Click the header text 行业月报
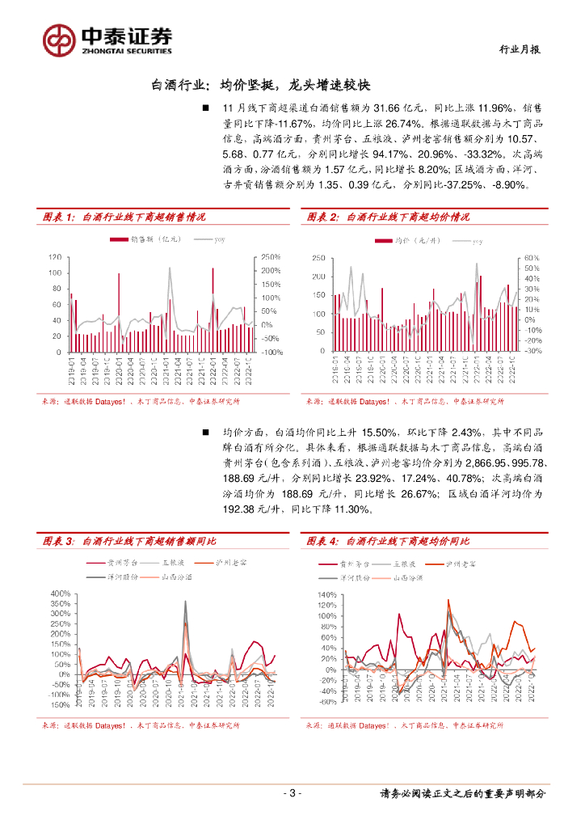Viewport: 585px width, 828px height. (517, 50)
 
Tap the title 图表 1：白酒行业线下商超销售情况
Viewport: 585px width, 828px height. (124, 217)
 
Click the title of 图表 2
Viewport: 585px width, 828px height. (388, 217)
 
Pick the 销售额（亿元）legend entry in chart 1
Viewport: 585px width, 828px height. (145, 239)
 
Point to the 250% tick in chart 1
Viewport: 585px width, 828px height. (270, 257)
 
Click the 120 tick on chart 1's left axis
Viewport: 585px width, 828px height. (54, 257)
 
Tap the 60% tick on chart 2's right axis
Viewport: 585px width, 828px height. (531, 257)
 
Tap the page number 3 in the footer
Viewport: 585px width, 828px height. (292, 792)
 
